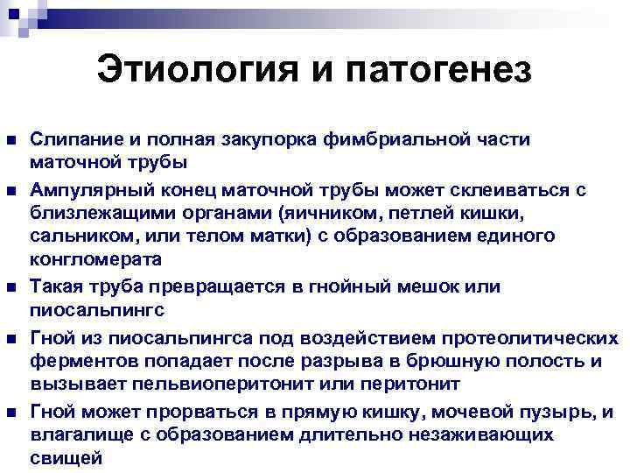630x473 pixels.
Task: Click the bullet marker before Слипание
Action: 10,140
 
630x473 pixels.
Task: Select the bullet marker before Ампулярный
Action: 10,190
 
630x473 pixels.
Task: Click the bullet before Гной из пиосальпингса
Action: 10,337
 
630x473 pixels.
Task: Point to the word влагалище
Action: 77,435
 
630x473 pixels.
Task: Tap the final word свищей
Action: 66,458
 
